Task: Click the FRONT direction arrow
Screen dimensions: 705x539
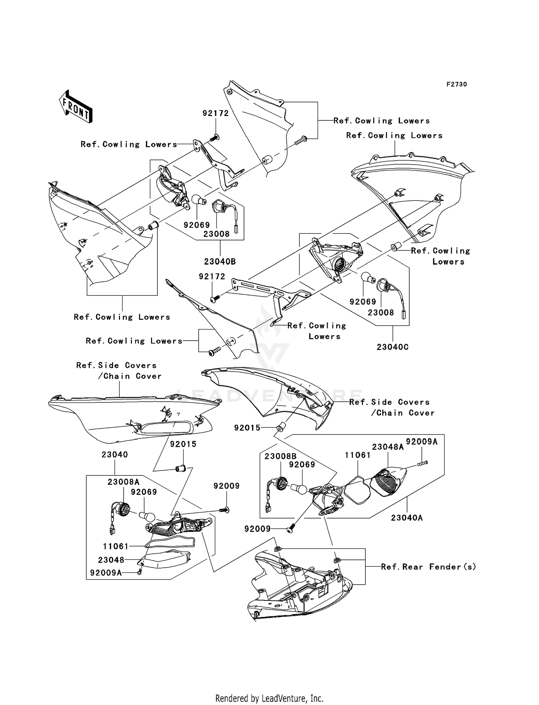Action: point(76,106)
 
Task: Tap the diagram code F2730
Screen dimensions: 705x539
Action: point(456,84)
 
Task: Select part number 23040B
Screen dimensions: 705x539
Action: point(220,262)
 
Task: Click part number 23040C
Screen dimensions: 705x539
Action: point(392,347)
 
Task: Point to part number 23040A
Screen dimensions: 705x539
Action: point(407,518)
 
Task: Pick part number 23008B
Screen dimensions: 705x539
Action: point(280,456)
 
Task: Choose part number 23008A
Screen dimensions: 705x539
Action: point(123,482)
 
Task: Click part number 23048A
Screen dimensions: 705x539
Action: point(388,447)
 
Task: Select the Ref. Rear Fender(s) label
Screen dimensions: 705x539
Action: point(428,567)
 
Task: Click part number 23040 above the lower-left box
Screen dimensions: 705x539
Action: point(115,455)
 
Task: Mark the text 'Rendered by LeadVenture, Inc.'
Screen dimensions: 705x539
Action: point(269,698)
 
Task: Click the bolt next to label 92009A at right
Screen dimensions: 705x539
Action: point(423,464)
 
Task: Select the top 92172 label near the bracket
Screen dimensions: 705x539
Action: point(216,114)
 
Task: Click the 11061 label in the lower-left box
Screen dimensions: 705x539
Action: point(116,547)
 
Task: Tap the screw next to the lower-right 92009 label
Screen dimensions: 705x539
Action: point(290,529)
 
